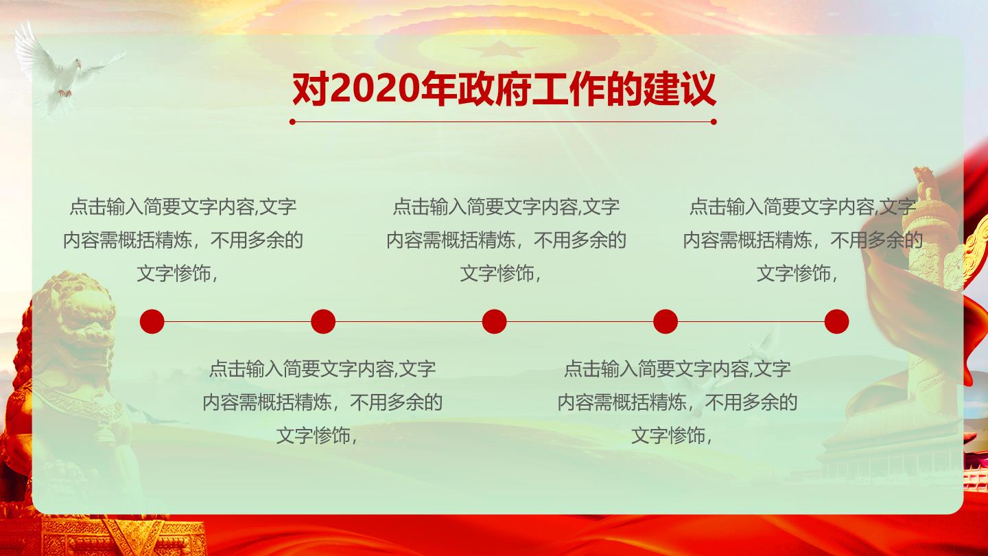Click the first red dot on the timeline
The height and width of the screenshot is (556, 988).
[152, 321]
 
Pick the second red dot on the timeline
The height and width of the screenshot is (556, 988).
[323, 321]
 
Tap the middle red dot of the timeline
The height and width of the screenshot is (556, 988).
[494, 321]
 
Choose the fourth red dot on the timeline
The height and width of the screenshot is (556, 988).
[665, 321]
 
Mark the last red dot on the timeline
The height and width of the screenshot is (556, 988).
[836, 321]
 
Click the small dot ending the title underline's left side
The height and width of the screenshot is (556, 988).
[292, 121]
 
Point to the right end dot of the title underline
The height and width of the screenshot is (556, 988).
[714, 121]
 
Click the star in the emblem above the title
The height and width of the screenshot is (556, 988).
[499, 49]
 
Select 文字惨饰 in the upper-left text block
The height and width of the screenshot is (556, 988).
[174, 274]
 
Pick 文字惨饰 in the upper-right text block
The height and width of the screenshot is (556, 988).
[794, 274]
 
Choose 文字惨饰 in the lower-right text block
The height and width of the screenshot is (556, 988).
[668, 435]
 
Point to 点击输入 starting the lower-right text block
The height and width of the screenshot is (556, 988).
[601, 369]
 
